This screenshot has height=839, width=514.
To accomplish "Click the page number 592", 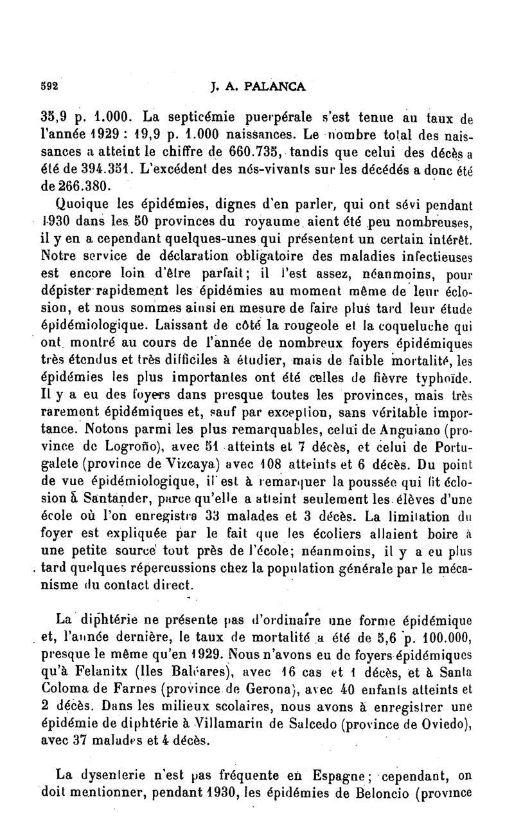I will pyautogui.click(x=48, y=85).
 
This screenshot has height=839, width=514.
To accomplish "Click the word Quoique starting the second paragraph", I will pyautogui.click(x=80, y=207).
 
